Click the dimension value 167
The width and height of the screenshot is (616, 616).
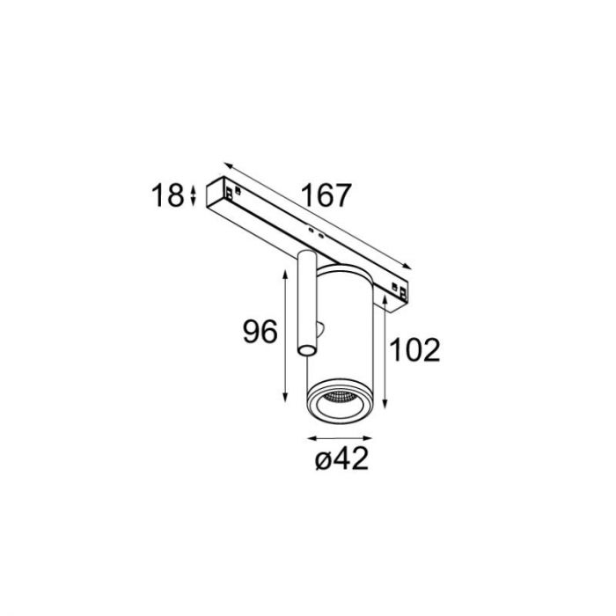326,195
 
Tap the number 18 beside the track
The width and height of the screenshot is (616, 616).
168,195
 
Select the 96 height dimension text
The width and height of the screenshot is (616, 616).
260,332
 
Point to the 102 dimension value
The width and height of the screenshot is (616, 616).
414,349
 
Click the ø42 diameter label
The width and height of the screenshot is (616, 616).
341,458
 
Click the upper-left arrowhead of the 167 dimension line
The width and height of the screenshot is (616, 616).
228,165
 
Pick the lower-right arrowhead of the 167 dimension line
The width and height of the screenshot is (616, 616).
407,267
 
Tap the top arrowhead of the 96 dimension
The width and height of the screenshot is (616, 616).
286,274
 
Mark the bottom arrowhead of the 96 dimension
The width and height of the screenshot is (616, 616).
286,397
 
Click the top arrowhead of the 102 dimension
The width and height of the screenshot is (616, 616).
385,301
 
